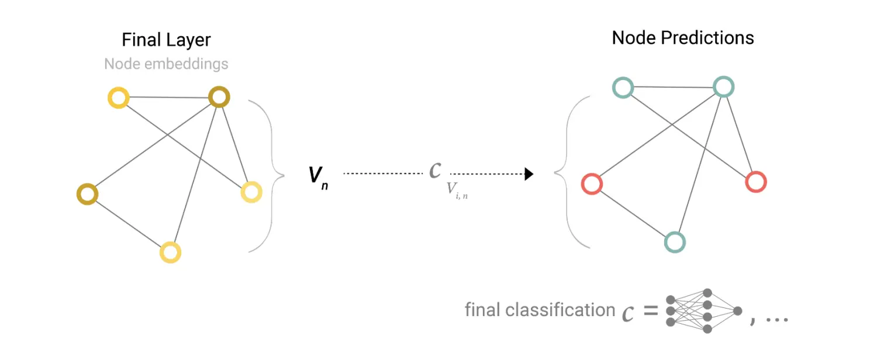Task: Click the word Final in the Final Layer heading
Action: (140, 40)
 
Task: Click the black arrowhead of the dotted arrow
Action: (529, 174)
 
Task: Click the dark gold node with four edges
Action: (219, 97)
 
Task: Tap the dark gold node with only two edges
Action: (87, 194)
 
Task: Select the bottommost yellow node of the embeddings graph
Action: (171, 252)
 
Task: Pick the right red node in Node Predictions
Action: (756, 182)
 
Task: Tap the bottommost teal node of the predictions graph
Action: (675, 242)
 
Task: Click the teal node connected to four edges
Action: (723, 87)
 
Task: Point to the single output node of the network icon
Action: (737, 311)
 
